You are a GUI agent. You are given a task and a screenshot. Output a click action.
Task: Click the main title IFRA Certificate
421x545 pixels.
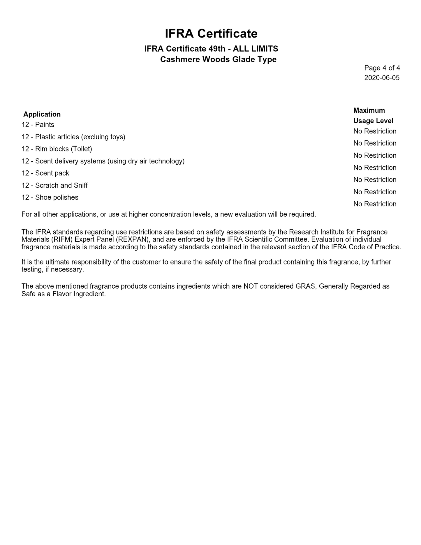[x=211, y=33]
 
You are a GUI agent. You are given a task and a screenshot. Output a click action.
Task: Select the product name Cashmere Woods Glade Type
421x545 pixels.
[x=218, y=59]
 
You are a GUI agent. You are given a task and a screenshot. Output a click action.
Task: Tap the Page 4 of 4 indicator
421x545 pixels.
[x=382, y=68]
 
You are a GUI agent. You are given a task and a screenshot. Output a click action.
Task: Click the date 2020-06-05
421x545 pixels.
[x=382, y=78]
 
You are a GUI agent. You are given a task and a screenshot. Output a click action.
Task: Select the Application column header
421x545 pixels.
[x=42, y=114]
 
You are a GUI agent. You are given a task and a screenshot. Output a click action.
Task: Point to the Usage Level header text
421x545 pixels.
[x=373, y=121]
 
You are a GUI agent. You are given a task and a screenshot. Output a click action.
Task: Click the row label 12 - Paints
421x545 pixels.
[x=38, y=125]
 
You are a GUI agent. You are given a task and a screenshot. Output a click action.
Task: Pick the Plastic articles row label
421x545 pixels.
[x=73, y=137]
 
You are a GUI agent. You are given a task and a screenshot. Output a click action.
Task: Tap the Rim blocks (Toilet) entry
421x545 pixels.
[x=57, y=149]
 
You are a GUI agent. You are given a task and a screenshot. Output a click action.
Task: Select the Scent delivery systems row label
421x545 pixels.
[x=103, y=161]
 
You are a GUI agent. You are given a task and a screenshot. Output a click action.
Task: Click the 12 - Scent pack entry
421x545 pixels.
[x=45, y=173]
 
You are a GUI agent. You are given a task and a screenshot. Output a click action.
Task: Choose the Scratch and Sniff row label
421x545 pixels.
[x=55, y=186]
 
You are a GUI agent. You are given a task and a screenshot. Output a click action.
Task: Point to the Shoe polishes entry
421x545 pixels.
[x=50, y=197]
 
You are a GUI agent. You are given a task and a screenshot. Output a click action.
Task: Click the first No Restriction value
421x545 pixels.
[x=375, y=131]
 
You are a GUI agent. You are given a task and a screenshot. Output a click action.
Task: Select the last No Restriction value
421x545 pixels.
[x=375, y=204]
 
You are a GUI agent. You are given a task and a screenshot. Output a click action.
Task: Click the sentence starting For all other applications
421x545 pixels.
[x=168, y=214]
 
